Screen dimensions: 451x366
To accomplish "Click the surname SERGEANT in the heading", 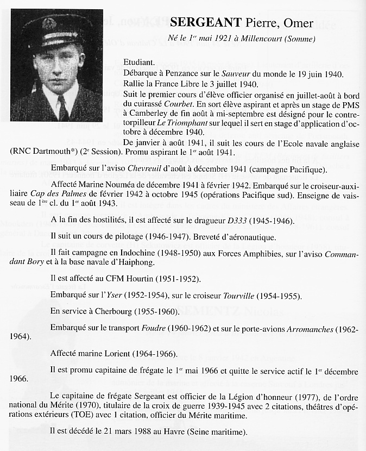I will point(206,23).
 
